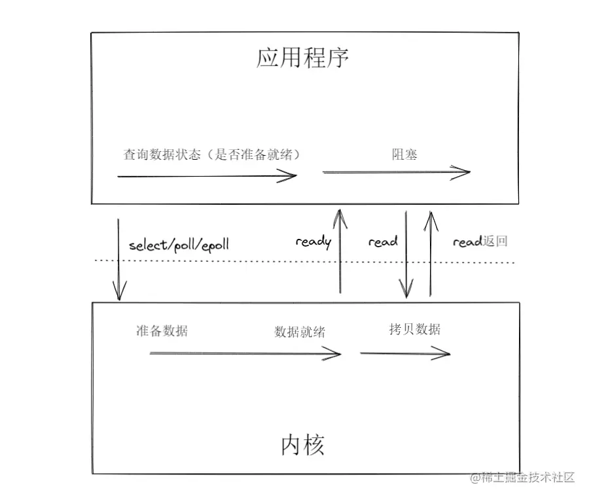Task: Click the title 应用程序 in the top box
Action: pyautogui.click(x=302, y=58)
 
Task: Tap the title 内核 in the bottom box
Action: pyautogui.click(x=302, y=446)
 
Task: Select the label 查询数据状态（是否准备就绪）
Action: pyautogui.click(x=212, y=155)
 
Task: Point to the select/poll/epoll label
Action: pyautogui.click(x=179, y=245)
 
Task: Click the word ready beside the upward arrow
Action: pyautogui.click(x=313, y=241)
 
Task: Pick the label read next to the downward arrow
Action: pyautogui.click(x=383, y=241)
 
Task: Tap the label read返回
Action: pyautogui.click(x=480, y=241)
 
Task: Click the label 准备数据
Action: pyautogui.click(x=162, y=330)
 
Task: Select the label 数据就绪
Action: pyautogui.click(x=299, y=332)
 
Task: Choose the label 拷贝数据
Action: pyautogui.click(x=414, y=329)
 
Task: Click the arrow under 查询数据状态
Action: pyautogui.click(x=207, y=175)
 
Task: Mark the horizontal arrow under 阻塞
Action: pyautogui.click(x=397, y=173)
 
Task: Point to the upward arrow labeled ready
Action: pyautogui.click(x=340, y=252)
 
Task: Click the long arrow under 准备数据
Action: pyautogui.click(x=245, y=354)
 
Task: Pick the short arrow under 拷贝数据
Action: pyautogui.click(x=405, y=354)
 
